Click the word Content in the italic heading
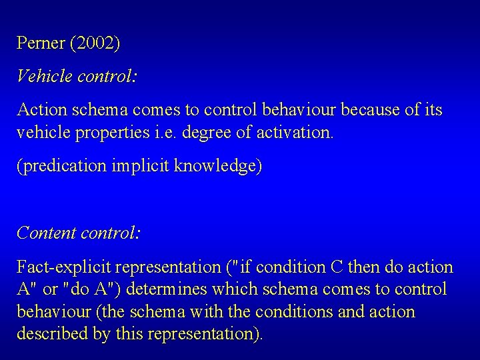[x=46, y=233]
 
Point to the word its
[x=432, y=109]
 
